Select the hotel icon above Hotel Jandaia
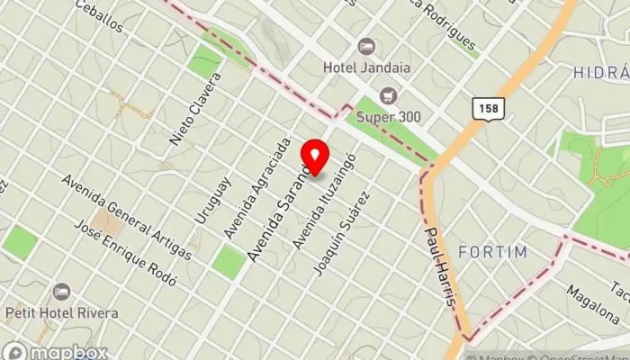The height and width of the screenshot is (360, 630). (365, 46)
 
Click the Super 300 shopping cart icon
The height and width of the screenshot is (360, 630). (388, 95)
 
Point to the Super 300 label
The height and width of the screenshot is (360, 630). (389, 116)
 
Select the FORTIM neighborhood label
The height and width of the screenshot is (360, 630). (492, 252)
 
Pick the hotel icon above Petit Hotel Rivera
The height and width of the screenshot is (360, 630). (61, 292)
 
